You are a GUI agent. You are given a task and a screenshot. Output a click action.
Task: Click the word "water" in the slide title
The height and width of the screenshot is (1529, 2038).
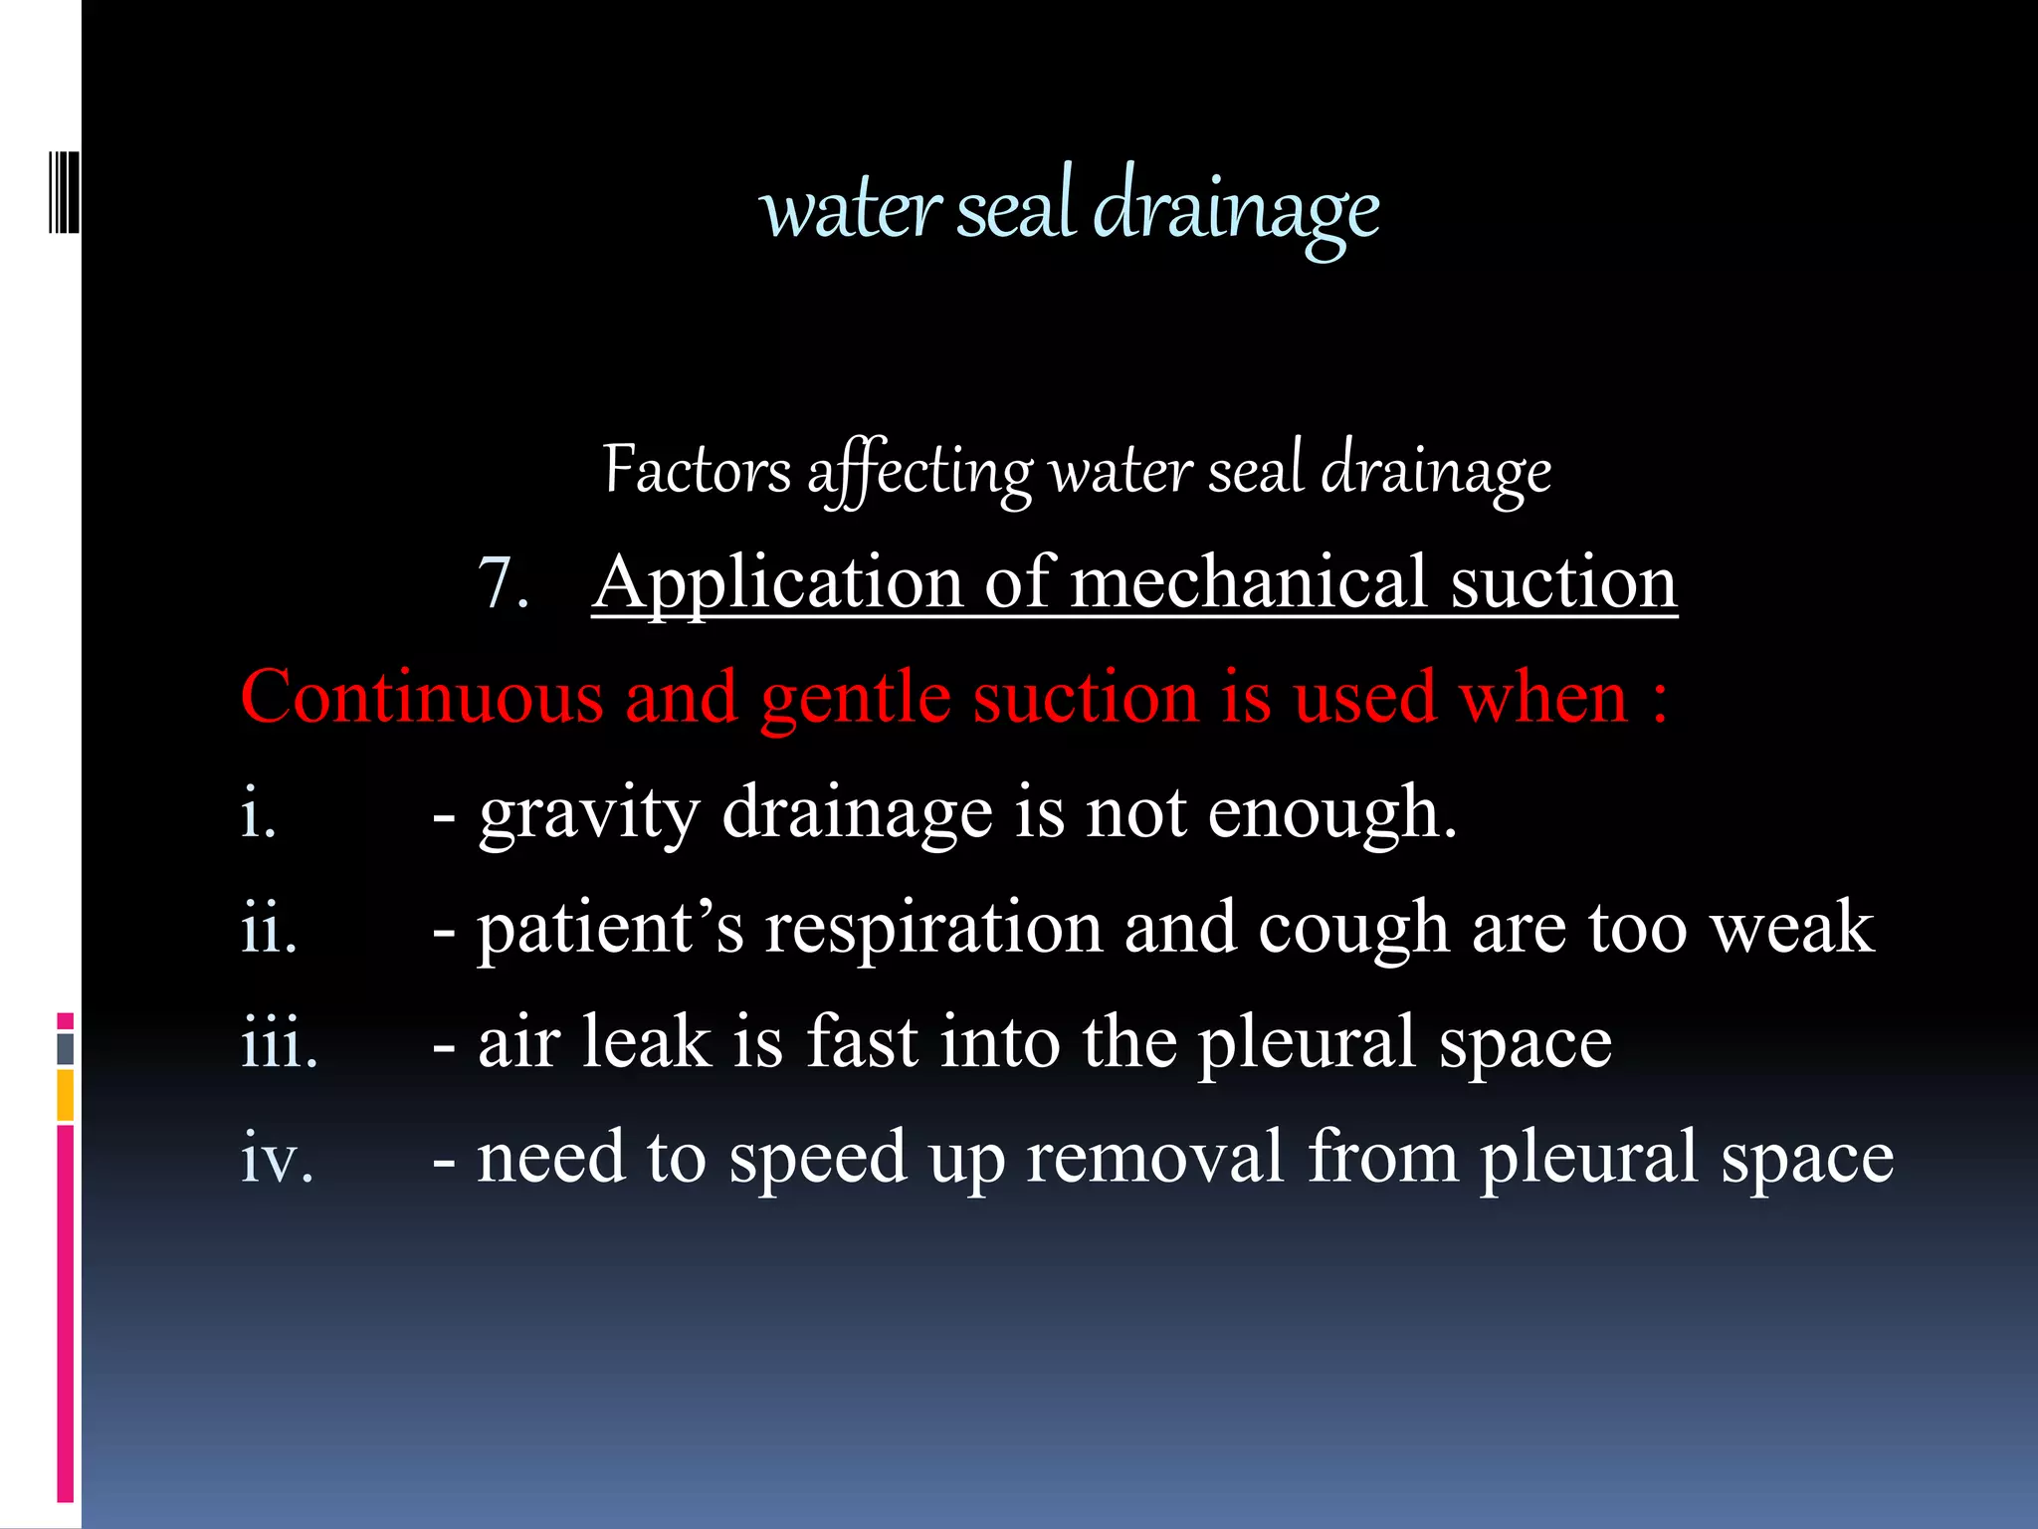(849, 210)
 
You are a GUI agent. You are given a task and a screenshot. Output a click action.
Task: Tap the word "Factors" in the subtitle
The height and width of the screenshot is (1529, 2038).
(697, 470)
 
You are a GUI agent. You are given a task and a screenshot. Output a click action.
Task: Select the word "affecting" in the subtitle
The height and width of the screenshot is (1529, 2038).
(920, 472)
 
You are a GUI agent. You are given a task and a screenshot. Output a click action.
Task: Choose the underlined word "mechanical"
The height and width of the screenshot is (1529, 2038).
(1250, 582)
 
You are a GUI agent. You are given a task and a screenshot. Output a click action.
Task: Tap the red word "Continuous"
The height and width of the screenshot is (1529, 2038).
(422, 697)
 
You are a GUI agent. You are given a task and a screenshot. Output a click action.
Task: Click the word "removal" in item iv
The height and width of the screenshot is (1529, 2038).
(1154, 1158)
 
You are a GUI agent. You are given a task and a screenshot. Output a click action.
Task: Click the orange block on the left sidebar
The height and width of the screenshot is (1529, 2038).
(65, 1095)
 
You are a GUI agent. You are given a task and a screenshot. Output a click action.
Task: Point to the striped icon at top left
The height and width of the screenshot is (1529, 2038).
(64, 192)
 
